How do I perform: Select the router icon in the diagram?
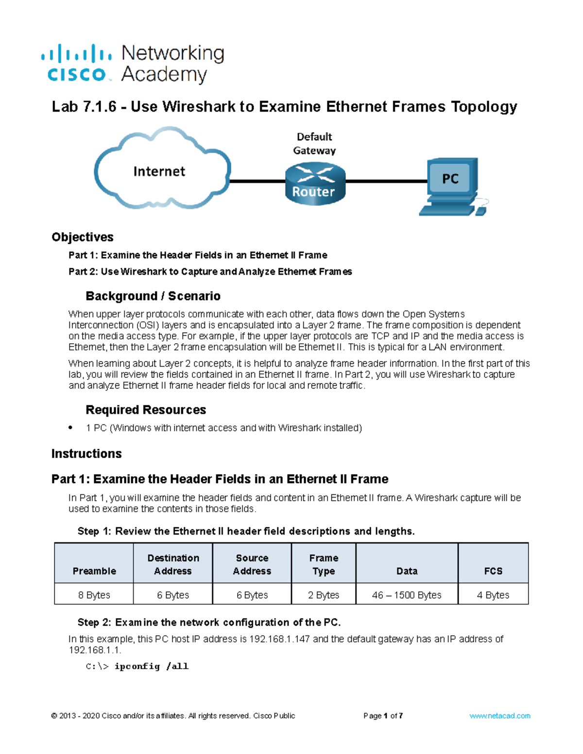[x=315, y=184]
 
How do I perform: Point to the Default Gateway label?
[x=314, y=144]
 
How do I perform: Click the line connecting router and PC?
[x=386, y=181]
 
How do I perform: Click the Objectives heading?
[x=83, y=237]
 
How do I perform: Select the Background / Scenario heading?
[x=153, y=296]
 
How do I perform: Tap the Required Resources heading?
[x=146, y=410]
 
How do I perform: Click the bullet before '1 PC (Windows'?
[x=71, y=427]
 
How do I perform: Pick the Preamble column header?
[x=94, y=571]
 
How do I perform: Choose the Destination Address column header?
[x=173, y=565]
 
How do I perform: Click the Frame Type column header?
[x=324, y=565]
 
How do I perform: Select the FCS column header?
[x=493, y=571]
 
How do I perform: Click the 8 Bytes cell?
[x=94, y=595]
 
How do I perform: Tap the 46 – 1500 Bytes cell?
[x=407, y=595]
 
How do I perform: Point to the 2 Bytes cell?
[x=324, y=595]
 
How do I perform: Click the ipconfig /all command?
[x=151, y=666]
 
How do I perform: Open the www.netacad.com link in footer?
[x=499, y=716]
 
